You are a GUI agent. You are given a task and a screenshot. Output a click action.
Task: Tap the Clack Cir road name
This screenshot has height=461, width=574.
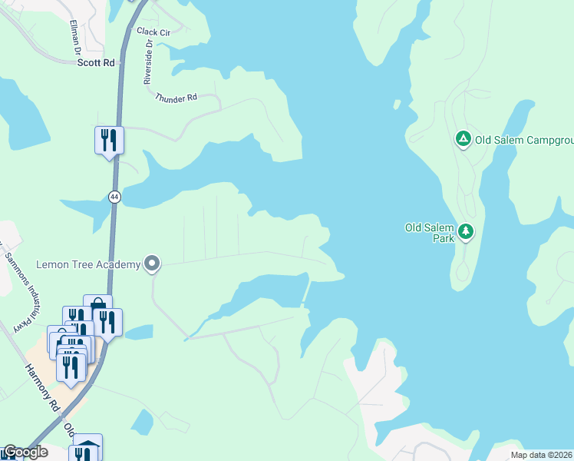[153, 32]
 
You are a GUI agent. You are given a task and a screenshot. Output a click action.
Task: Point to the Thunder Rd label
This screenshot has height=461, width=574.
[176, 98]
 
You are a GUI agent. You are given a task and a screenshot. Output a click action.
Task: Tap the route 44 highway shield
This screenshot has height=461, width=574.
[114, 197]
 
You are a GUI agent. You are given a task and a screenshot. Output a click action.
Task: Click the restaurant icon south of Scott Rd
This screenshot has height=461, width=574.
[109, 140]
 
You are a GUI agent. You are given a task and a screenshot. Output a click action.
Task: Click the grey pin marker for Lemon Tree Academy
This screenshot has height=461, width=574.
[152, 264]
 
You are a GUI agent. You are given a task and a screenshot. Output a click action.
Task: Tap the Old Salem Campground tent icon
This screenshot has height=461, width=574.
[463, 139]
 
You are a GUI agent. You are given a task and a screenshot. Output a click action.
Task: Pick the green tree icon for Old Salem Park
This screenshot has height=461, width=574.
[465, 230]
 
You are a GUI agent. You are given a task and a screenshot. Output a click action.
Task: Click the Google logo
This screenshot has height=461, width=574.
[25, 452]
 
